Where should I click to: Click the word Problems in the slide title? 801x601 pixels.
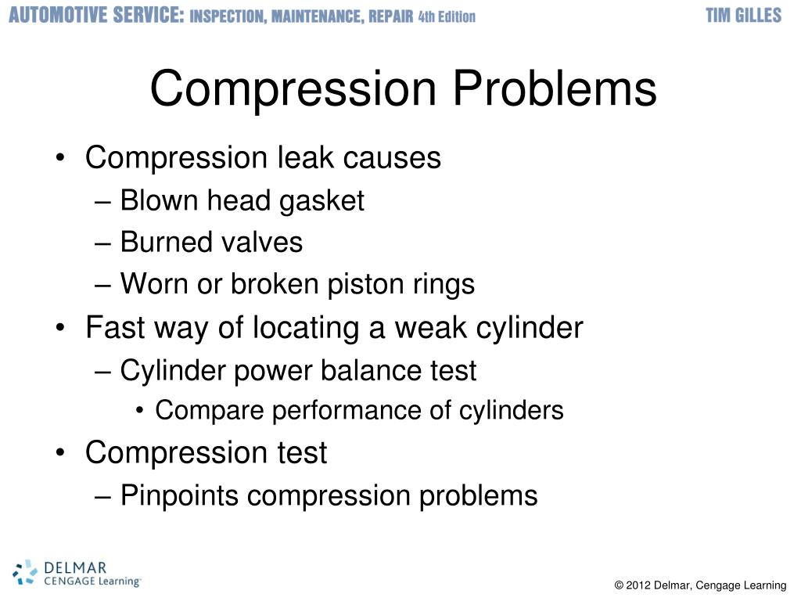click(555, 89)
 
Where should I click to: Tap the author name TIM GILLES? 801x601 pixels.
click(743, 16)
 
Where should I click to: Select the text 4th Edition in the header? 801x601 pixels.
click(447, 16)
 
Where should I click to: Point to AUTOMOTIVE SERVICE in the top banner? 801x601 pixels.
click(96, 16)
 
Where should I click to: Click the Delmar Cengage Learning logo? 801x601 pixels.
click(77, 573)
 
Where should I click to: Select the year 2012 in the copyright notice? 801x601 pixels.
click(638, 585)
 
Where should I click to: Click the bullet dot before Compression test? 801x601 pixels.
click(62, 453)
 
